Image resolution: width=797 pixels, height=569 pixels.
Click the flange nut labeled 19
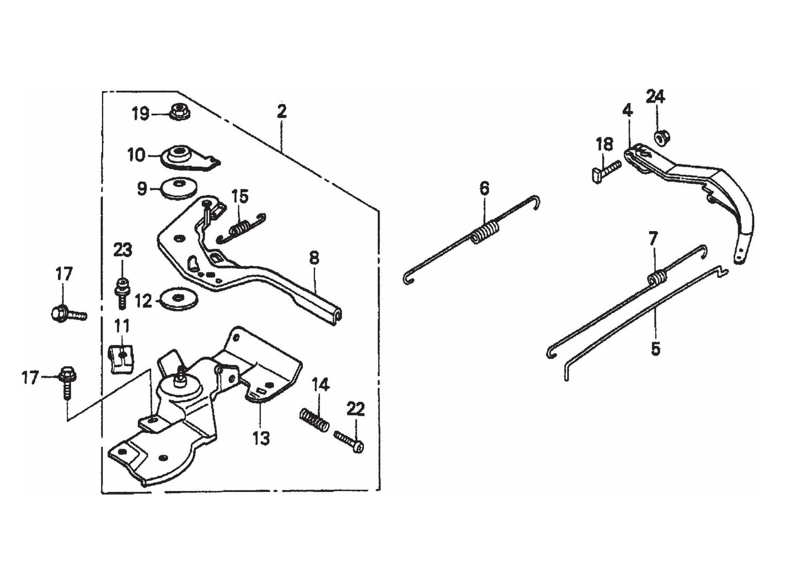pyautogui.click(x=179, y=112)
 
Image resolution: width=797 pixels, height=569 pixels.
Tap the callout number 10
pyautogui.click(x=136, y=155)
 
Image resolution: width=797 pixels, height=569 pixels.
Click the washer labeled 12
pyautogui.click(x=176, y=300)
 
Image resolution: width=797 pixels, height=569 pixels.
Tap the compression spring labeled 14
pyautogui.click(x=315, y=420)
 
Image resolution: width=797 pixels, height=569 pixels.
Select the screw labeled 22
pyautogui.click(x=349, y=441)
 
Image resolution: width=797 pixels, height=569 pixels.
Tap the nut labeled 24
pyautogui.click(x=660, y=136)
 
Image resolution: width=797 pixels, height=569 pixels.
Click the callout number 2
pyautogui.click(x=282, y=111)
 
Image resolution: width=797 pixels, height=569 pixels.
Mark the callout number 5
pyautogui.click(x=655, y=348)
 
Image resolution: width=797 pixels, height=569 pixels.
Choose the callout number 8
pyautogui.click(x=314, y=257)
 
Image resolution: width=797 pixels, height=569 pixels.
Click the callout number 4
pyautogui.click(x=627, y=110)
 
